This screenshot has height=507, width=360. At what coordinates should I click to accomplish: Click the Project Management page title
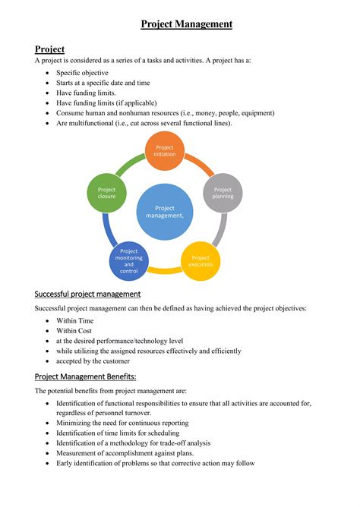[186, 24]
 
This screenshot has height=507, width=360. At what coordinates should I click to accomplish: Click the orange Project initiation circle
[165, 150]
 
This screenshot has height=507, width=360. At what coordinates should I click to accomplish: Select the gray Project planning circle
[223, 192]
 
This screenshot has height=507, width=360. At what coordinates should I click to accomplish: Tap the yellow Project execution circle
[201, 260]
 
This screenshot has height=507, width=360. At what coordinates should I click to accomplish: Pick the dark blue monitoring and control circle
[129, 260]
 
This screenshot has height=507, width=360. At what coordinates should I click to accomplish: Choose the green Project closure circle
[107, 192]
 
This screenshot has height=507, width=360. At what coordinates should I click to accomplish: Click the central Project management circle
[165, 212]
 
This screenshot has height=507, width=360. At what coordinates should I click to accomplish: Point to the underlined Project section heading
[49, 49]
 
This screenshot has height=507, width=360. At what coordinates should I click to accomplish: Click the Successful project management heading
[87, 294]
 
